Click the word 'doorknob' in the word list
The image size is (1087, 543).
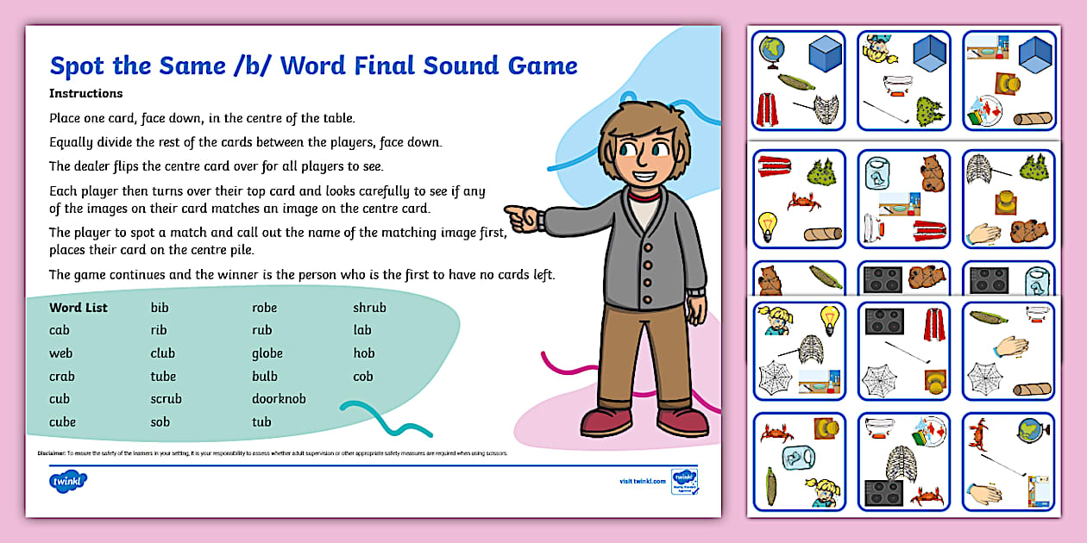[279, 399]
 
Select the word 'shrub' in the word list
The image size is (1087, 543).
[369, 307]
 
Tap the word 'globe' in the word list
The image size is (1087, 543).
[267, 353]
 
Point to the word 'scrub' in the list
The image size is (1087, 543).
[166, 399]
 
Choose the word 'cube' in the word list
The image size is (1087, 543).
[62, 422]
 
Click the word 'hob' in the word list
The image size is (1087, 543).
[363, 353]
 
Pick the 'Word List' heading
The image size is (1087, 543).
[78, 307]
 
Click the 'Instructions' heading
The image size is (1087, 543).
[86, 93]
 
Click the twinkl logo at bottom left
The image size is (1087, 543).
[69, 480]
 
